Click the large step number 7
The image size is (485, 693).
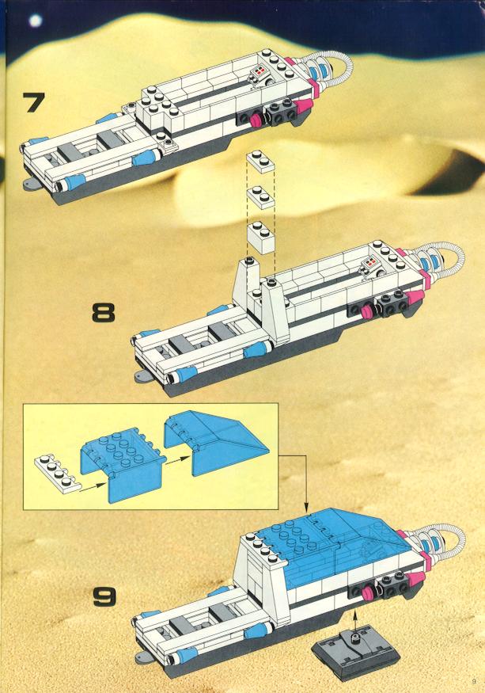(33, 102)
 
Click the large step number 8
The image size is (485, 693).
(104, 311)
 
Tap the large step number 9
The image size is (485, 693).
(104, 596)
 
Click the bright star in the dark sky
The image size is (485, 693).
(36, 21)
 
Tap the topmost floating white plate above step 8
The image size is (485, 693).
(261, 162)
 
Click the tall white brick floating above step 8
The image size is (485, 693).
(261, 238)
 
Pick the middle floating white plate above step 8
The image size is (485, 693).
(261, 197)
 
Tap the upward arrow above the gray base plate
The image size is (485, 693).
(354, 623)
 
